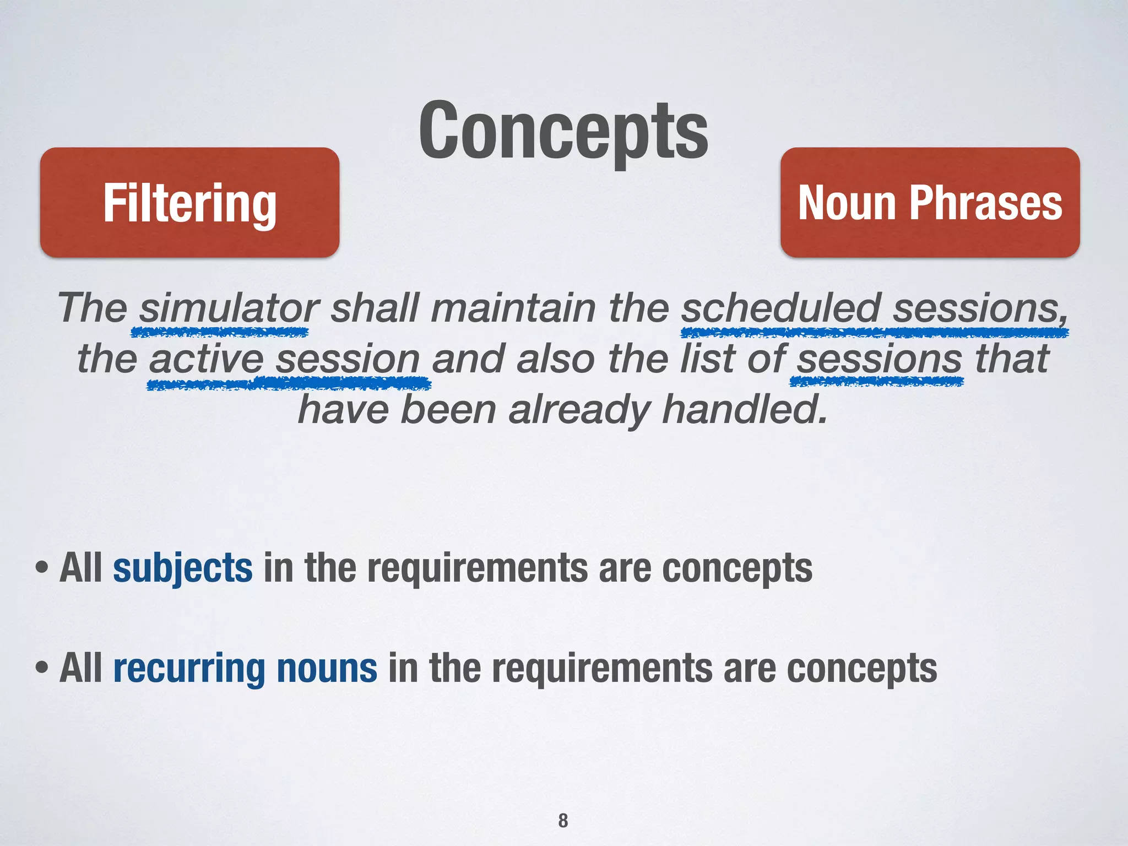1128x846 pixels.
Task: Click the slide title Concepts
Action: click(x=563, y=132)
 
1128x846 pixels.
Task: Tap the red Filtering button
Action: click(x=189, y=203)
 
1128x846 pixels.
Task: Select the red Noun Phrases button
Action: click(x=930, y=203)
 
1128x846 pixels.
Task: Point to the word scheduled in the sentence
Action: click(x=780, y=308)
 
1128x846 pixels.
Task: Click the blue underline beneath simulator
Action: click(x=219, y=332)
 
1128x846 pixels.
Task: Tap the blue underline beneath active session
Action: click(x=289, y=383)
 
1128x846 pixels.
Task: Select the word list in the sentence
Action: click(x=707, y=359)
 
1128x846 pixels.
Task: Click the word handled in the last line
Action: click(x=745, y=410)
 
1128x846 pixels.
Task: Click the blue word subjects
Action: click(x=183, y=568)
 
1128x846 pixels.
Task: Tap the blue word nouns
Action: click(x=327, y=668)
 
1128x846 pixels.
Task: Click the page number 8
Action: click(x=563, y=820)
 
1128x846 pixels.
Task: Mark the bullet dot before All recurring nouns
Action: click(x=41, y=668)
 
